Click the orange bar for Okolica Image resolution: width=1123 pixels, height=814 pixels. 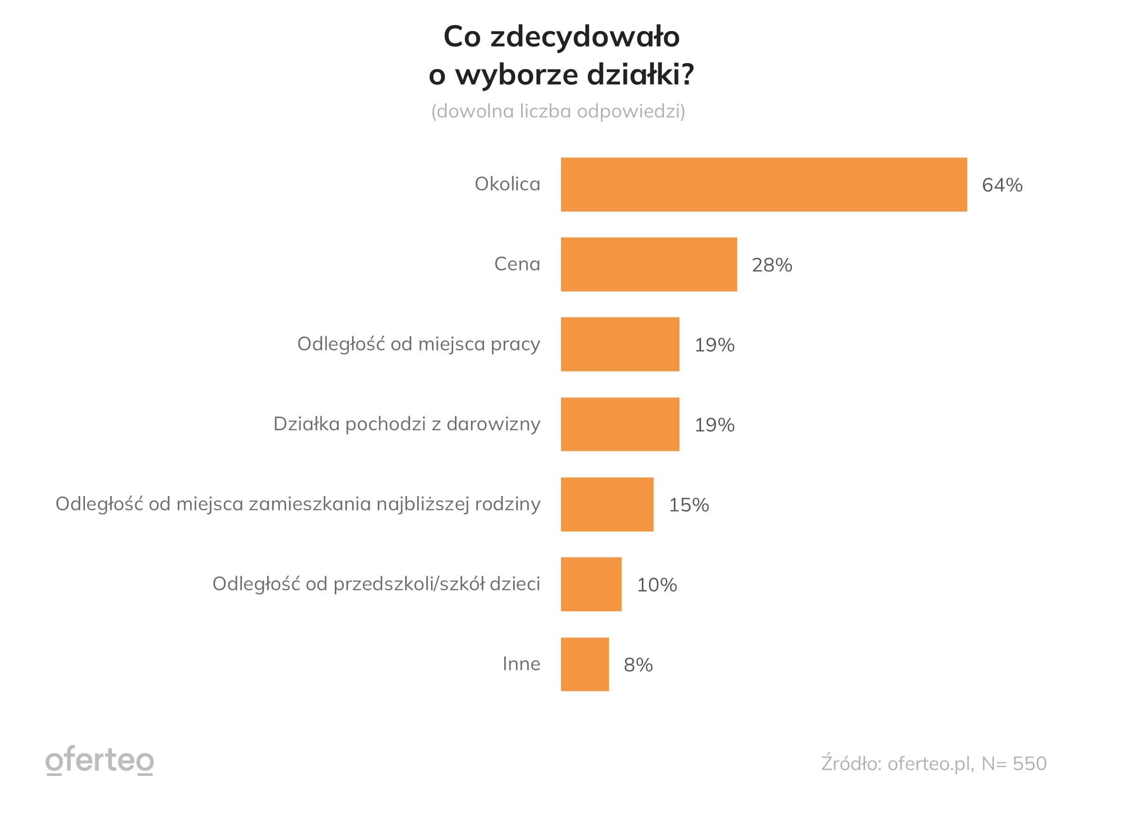pos(763,185)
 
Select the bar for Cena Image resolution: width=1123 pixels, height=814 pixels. pos(649,264)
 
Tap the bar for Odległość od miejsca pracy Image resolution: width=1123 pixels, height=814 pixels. pos(620,344)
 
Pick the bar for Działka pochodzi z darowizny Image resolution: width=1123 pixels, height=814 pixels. pos(620,424)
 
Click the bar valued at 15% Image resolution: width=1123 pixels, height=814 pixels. pos(607,504)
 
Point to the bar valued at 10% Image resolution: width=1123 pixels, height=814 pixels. pos(591,584)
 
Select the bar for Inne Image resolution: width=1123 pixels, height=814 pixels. pos(585,664)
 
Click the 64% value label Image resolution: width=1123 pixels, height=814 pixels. pos(1002,185)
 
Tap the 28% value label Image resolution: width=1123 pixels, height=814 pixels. pos(772,265)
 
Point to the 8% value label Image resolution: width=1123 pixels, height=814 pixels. pos(638,665)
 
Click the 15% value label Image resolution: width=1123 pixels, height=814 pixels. pos(689,505)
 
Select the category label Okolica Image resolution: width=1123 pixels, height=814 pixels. pos(507,184)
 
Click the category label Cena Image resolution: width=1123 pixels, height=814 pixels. pos(517,264)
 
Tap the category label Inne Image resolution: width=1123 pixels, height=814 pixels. pos(521,664)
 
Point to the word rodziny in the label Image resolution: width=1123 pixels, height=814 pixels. pos(508,504)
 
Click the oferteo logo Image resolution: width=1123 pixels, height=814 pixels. pos(100,760)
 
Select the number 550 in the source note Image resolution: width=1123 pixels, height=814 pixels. pos(1030,763)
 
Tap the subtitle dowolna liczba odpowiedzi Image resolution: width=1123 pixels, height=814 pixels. pos(558,111)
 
